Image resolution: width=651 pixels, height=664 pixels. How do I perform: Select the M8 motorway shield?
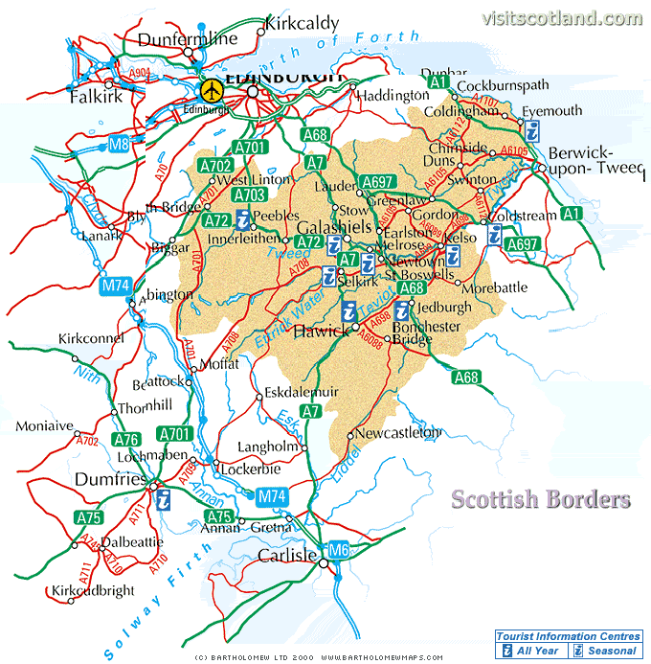[119, 145]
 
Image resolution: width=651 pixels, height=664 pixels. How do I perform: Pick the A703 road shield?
[249, 195]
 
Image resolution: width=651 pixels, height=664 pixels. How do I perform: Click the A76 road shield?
[125, 440]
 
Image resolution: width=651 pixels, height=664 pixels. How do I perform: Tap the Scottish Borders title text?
[541, 499]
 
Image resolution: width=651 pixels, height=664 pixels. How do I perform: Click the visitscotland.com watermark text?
[563, 18]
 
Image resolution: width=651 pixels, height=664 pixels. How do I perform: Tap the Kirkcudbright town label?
[93, 591]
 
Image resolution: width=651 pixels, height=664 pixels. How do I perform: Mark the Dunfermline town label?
[187, 39]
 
